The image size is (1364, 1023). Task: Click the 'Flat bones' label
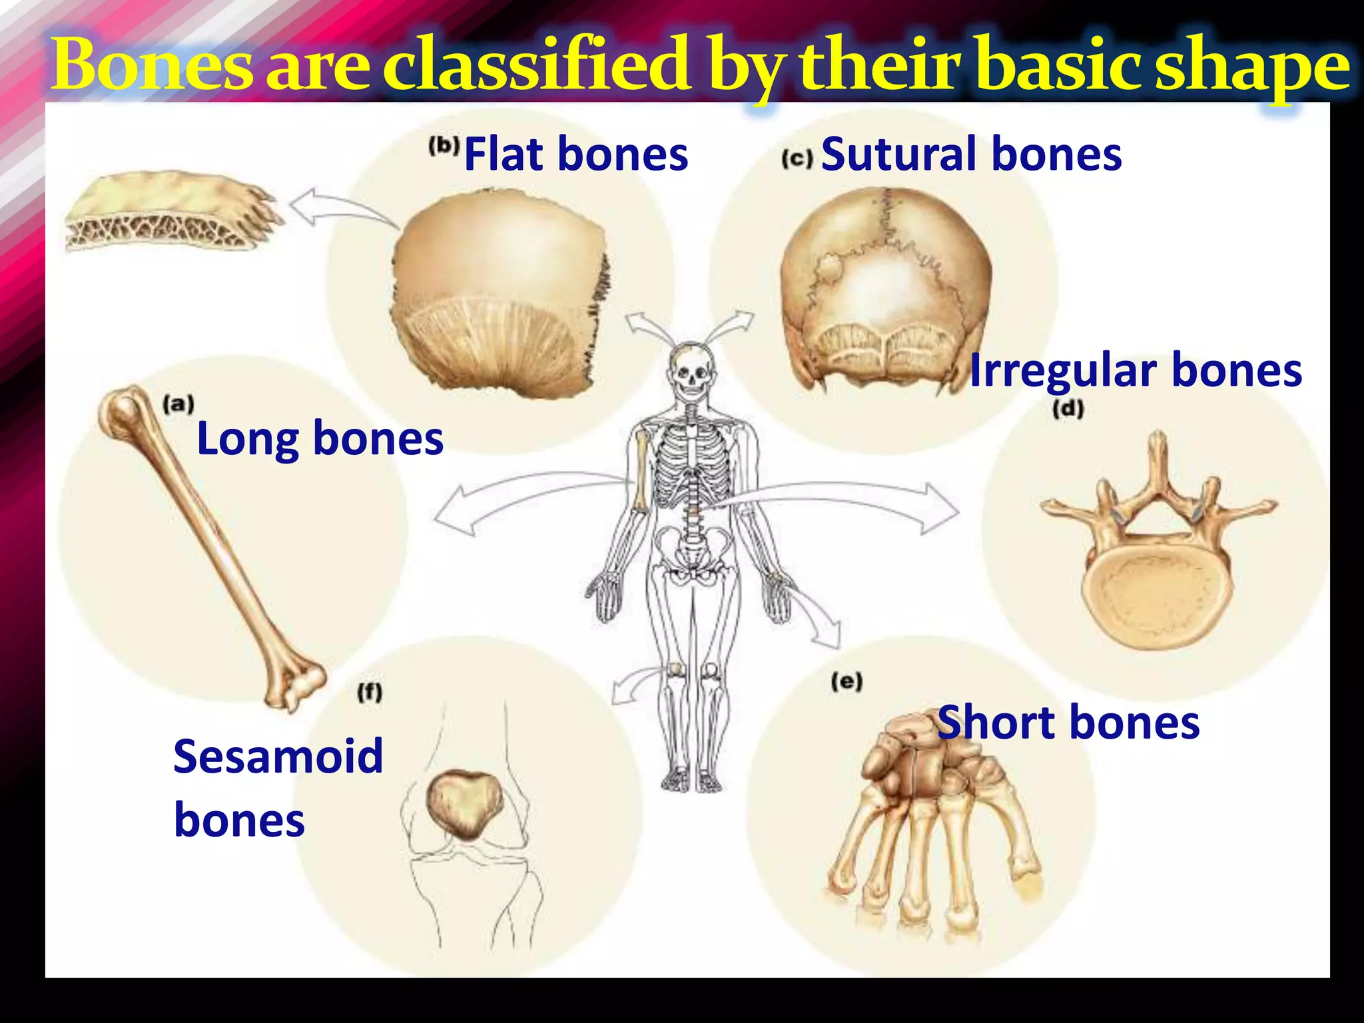[x=575, y=154]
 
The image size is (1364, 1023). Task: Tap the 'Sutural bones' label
[x=971, y=154]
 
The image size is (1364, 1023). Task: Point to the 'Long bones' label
[x=320, y=439]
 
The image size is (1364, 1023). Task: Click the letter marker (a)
[x=178, y=404]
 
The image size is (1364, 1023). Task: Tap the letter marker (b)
[x=444, y=146]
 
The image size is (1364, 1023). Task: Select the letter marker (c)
[x=797, y=159]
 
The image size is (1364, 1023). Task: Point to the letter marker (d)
[x=1068, y=409]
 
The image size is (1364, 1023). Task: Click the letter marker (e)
[x=847, y=681]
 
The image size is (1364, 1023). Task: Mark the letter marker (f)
[x=370, y=693]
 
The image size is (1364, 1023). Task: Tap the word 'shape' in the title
[x=1252, y=67]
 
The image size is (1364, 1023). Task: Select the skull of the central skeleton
[x=693, y=371]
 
